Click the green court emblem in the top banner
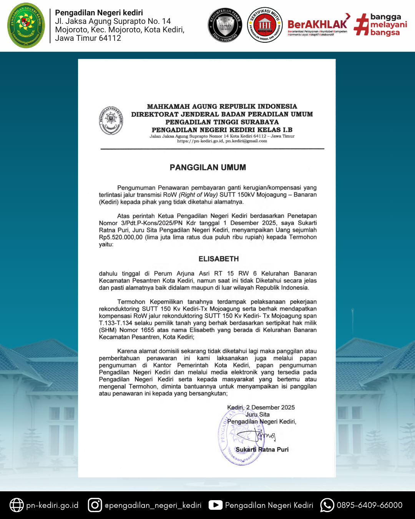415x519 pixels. tap(26, 25)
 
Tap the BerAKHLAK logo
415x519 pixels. tap(317, 25)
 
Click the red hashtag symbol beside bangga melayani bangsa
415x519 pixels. tap(361, 25)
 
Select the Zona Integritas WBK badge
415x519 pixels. tap(225, 25)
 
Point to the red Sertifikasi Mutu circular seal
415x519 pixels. tap(265, 25)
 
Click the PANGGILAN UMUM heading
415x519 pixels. tap(208, 168)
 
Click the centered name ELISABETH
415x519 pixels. tap(219, 259)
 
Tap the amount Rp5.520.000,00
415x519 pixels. tap(121, 237)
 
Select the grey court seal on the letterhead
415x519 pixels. tap(111, 121)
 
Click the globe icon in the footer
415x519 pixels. tap(17, 505)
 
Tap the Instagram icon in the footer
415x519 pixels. tap(95, 505)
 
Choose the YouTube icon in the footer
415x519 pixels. tap(216, 505)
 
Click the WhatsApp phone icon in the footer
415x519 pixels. tap(327, 505)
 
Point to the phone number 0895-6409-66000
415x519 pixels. tap(369, 505)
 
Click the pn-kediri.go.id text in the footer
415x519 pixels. tap(52, 505)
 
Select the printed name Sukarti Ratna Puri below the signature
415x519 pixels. tap(262, 449)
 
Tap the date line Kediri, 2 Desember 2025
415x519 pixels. tap(261, 408)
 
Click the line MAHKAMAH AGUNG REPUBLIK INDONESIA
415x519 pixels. tap(222, 106)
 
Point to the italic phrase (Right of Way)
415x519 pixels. tap(198, 195)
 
